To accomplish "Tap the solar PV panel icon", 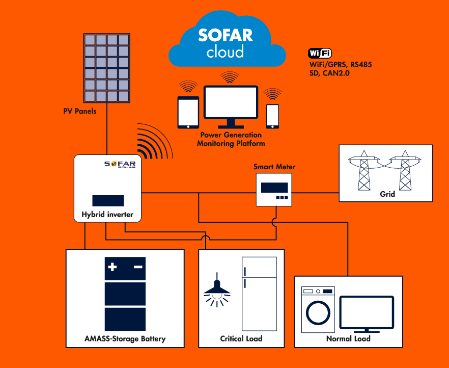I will point(106,68).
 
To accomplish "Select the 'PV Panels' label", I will point(79,111).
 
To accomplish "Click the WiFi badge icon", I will point(320,54).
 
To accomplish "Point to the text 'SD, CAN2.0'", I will point(329,73).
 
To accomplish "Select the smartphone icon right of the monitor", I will point(273,116).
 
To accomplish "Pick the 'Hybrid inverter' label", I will point(107,215).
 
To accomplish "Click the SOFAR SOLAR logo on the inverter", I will point(121,164).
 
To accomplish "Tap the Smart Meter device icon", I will point(274,189).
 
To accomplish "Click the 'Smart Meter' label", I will point(274,167).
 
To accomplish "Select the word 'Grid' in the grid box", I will point(387,194).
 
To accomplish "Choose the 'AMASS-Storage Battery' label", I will point(125,338).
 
